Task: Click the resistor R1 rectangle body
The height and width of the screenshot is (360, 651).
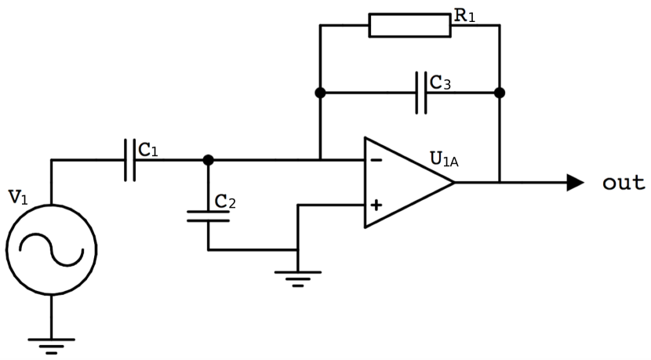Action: tap(409, 25)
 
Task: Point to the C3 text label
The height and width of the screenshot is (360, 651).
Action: tap(440, 82)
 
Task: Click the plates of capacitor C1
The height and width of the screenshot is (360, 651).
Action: tap(129, 160)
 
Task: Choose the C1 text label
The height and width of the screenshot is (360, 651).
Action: tap(148, 149)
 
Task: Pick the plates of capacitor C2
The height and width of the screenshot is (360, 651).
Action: tap(208, 216)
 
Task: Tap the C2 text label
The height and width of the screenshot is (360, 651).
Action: tap(225, 202)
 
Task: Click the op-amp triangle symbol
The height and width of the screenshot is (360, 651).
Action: tap(404, 183)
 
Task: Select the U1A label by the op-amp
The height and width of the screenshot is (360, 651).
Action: tap(444, 159)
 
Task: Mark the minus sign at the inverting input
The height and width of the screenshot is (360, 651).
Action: tap(376, 161)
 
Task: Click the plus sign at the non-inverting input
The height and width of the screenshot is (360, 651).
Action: tap(376, 205)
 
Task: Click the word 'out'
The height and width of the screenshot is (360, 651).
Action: tap(624, 183)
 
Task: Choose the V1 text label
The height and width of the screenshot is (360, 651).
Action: tap(18, 196)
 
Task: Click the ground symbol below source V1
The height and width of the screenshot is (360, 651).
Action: tap(51, 344)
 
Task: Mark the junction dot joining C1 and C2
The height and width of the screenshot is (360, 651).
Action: tap(208, 160)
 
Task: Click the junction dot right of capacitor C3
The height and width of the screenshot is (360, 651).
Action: tap(500, 93)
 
